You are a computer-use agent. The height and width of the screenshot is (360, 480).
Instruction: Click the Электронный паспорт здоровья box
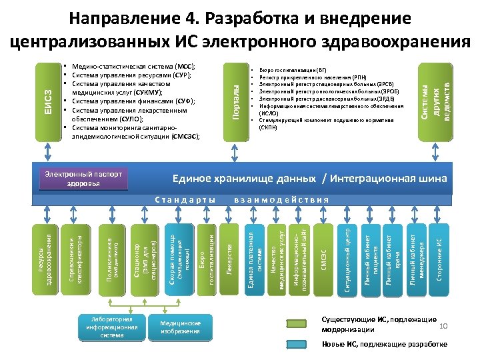pos(84,178)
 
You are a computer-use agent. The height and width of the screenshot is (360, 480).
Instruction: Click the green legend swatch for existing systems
pos(303,324)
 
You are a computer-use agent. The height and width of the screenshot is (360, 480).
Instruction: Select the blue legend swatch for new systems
pos(303,344)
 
